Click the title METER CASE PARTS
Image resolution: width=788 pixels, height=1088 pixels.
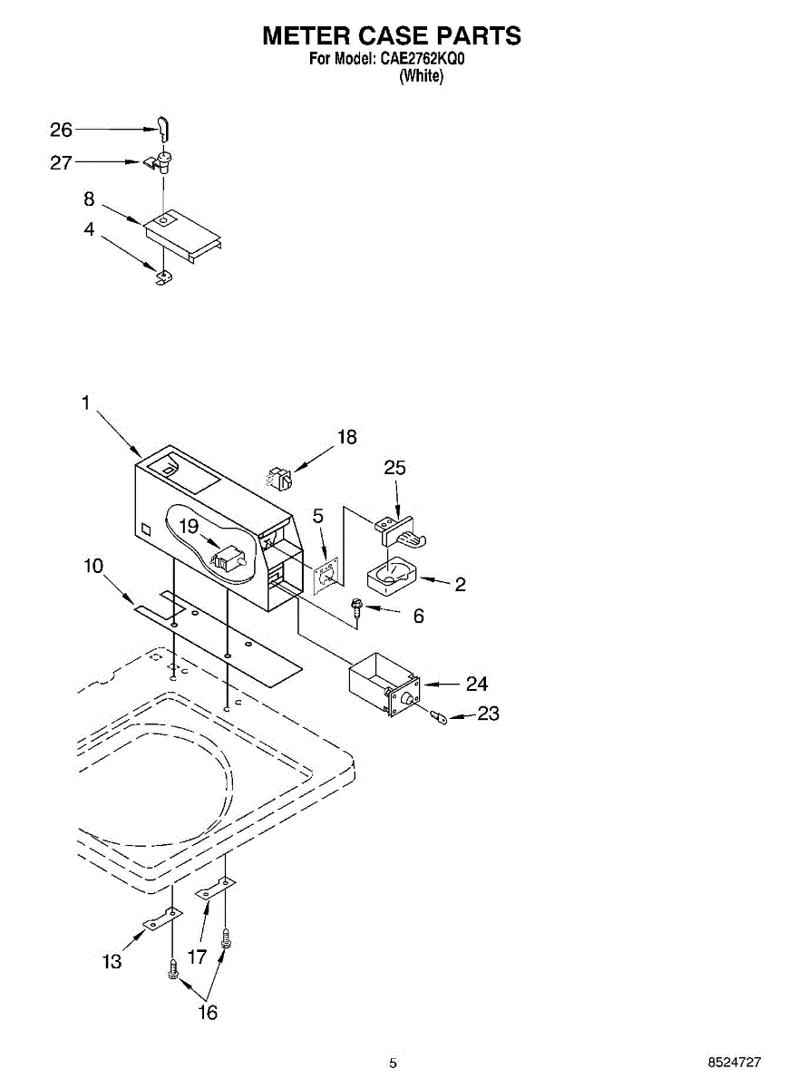392,35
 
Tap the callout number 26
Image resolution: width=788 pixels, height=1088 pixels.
61,131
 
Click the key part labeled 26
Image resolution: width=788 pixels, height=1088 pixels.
164,129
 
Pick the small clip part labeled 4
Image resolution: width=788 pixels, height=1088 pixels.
163,277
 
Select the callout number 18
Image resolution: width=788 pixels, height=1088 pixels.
346,437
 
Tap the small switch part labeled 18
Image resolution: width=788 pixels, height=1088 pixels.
280,477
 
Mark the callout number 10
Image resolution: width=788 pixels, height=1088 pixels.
92,566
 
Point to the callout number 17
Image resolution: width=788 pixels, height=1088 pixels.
197,956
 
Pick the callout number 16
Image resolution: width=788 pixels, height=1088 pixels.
208,1013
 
